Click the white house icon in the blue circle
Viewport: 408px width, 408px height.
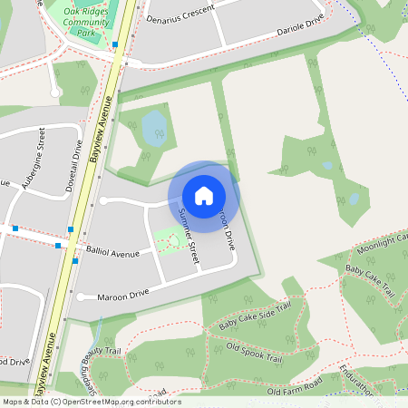[204, 196]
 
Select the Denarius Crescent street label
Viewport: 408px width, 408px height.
[179, 12]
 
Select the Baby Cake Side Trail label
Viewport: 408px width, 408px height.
[257, 314]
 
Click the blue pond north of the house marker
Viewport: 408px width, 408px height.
[154, 127]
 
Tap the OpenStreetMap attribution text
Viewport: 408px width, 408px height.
[92, 402]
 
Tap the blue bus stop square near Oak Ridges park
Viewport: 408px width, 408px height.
[115, 44]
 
